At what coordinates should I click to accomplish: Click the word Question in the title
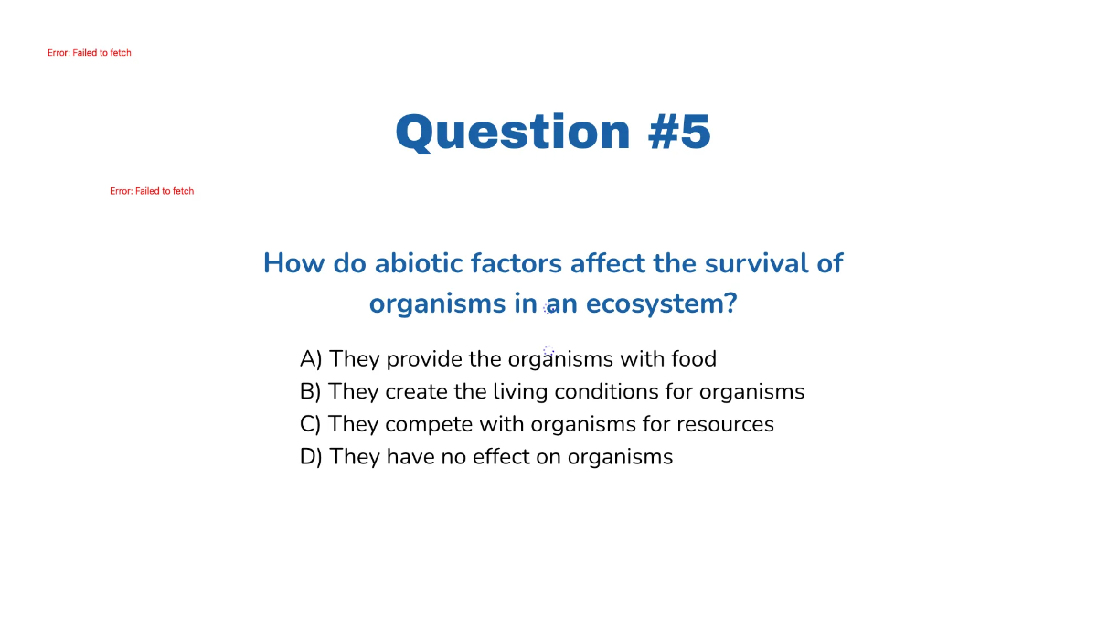pyautogui.click(x=513, y=132)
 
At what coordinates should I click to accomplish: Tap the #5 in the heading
pyautogui.click(x=679, y=132)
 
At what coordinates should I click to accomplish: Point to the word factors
pyautogui.click(x=517, y=263)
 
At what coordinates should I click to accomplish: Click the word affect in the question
pyautogui.click(x=607, y=263)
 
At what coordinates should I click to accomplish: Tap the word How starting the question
pyautogui.click(x=293, y=263)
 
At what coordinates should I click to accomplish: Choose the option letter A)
pyautogui.click(x=311, y=359)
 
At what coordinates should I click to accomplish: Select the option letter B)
pyautogui.click(x=311, y=392)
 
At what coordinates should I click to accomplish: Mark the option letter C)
pyautogui.click(x=311, y=425)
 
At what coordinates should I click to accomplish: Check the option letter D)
pyautogui.click(x=311, y=457)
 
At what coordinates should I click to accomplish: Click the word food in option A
pyautogui.click(x=694, y=359)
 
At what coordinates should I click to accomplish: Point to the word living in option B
pyautogui.click(x=520, y=392)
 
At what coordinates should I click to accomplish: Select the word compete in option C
pyautogui.click(x=429, y=425)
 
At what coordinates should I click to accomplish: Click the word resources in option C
pyautogui.click(x=726, y=425)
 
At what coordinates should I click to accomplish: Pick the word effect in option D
pyautogui.click(x=501, y=457)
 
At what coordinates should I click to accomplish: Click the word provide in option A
pyautogui.click(x=424, y=359)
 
